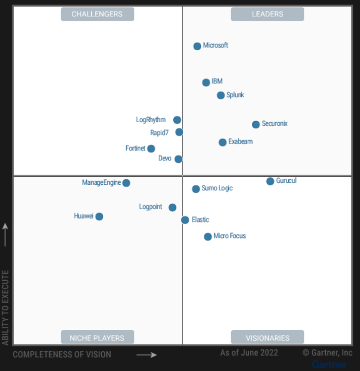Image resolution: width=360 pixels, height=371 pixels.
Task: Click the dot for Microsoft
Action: point(197,46)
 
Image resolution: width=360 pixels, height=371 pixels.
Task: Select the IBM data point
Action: point(206,82)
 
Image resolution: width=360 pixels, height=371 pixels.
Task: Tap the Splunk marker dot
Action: point(221,95)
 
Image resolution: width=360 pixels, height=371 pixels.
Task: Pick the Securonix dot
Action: point(256,125)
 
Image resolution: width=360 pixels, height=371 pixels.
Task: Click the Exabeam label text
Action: point(240,142)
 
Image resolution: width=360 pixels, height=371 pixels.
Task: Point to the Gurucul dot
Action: point(270,181)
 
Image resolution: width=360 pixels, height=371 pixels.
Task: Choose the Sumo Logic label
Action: point(217,188)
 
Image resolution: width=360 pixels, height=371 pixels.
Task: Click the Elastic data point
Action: point(185,220)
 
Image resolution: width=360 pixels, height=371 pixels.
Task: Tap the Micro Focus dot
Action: point(208,237)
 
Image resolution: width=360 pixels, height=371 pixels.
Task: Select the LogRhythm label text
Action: point(151,120)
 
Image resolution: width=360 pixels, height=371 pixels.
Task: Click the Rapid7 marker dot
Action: point(179,132)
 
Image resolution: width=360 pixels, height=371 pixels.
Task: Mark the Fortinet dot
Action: point(151,148)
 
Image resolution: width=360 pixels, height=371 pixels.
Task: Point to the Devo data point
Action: point(178,159)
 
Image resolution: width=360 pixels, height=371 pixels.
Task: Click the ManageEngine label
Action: point(101,182)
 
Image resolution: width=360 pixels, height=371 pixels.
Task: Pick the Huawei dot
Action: point(99,217)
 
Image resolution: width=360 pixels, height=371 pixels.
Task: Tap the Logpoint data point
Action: point(172,208)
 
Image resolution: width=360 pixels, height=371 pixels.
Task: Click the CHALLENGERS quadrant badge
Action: point(97,14)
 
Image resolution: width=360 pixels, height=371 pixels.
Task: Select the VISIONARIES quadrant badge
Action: point(267,338)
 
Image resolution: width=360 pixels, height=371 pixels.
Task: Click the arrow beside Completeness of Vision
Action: point(146,355)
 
